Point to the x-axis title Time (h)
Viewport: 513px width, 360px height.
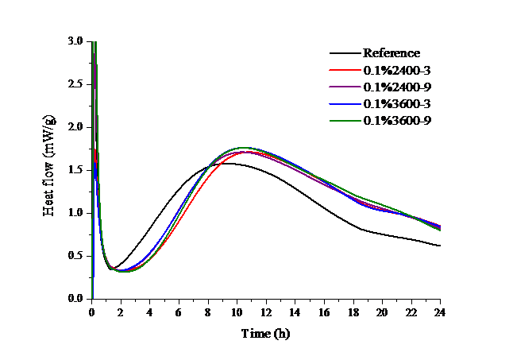click(265, 335)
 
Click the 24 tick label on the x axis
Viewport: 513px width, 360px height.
click(440, 313)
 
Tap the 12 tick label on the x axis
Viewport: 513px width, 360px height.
click(266, 313)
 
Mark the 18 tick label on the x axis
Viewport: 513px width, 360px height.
click(353, 313)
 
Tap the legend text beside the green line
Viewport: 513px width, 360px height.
click(397, 121)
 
